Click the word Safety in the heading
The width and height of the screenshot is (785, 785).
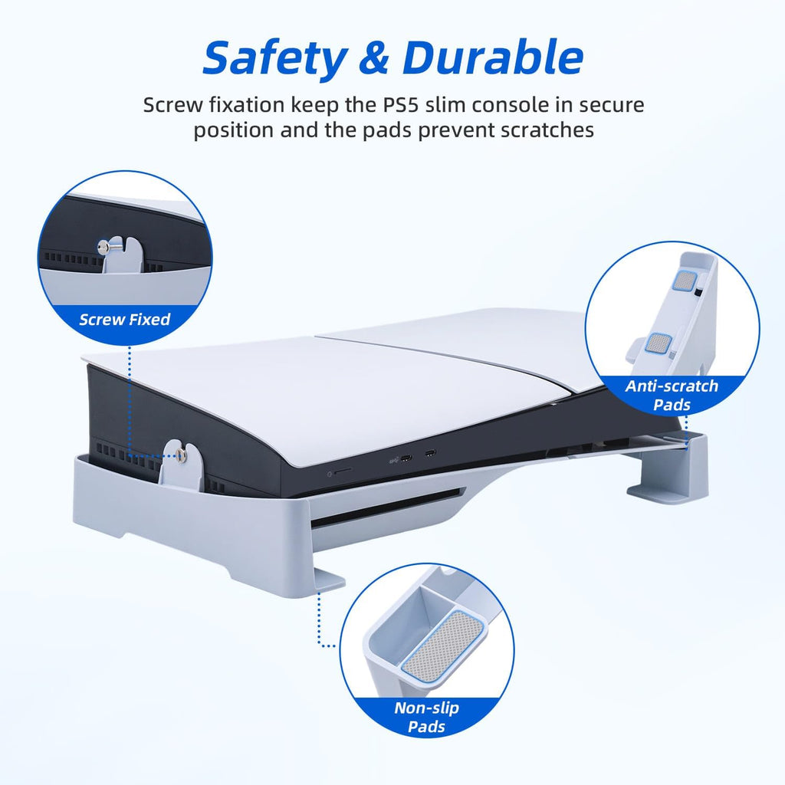pos(275,59)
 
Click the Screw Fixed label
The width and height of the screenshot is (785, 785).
pos(125,320)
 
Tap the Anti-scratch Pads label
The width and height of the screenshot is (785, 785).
pos(672,395)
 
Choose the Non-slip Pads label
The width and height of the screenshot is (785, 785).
pos(426,717)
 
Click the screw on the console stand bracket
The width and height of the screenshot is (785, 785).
pos(181,455)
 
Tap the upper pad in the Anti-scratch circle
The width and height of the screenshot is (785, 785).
pos(685,281)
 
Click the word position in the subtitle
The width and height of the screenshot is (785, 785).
pos(234,130)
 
